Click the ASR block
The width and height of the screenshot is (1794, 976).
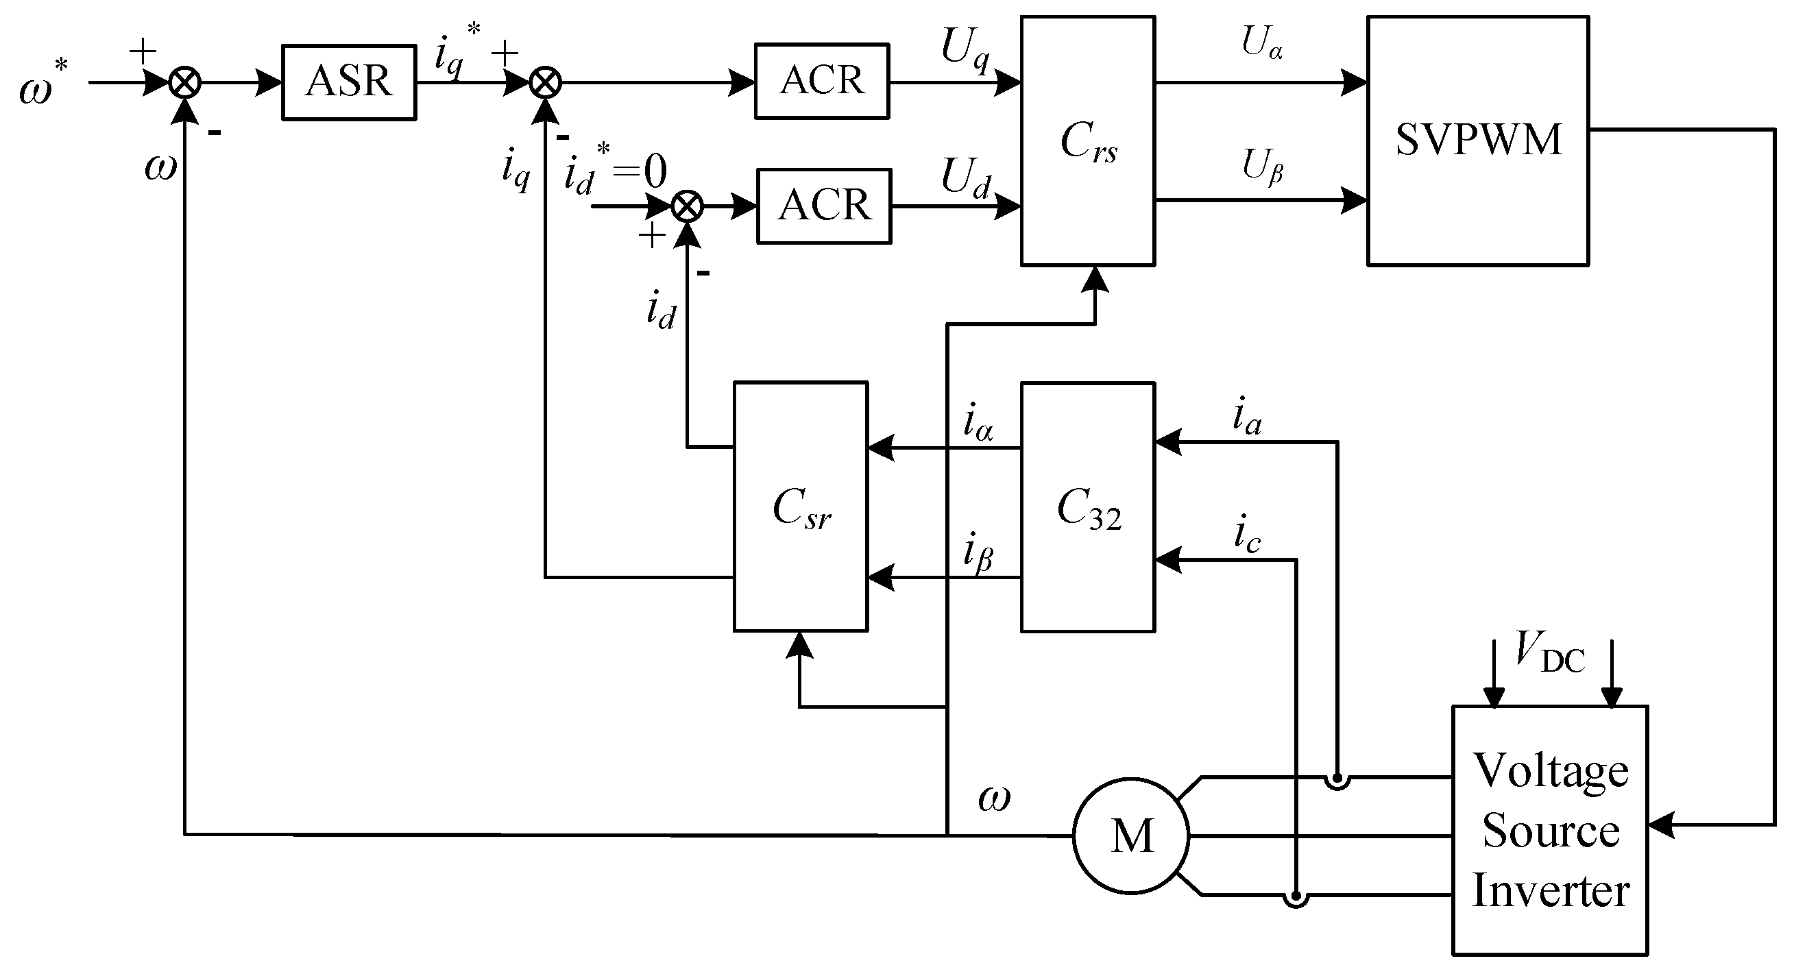click(x=349, y=82)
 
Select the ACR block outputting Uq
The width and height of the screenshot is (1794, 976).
click(x=822, y=81)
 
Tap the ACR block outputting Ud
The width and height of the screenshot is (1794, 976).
click(x=824, y=206)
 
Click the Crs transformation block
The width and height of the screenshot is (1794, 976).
click(x=1088, y=141)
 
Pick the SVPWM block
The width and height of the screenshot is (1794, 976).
click(x=1478, y=141)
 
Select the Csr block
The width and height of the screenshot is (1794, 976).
click(x=800, y=506)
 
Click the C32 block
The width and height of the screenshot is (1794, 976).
click(x=1088, y=506)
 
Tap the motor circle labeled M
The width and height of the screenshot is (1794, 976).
click(x=1131, y=835)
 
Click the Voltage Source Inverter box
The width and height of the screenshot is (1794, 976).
click(x=1549, y=830)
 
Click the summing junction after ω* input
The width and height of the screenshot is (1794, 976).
click(x=185, y=83)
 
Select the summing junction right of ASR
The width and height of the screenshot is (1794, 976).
click(x=545, y=83)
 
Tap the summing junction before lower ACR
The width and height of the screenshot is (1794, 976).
click(x=688, y=207)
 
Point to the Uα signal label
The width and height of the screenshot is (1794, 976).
click(x=1261, y=43)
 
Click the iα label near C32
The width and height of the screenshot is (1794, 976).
click(x=978, y=423)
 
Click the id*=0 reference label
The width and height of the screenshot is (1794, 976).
click(x=614, y=171)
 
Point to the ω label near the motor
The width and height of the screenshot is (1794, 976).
click(x=994, y=798)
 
